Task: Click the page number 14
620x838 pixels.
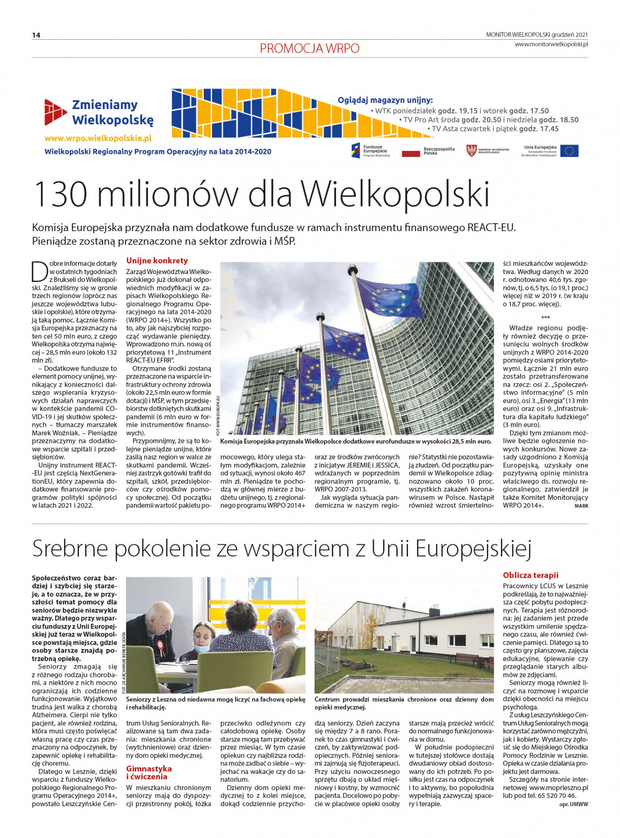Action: click(36, 35)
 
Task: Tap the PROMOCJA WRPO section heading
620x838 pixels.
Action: click(309, 48)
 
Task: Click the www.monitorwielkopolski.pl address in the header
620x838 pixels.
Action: click(551, 44)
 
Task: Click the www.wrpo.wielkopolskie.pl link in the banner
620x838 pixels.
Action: click(98, 138)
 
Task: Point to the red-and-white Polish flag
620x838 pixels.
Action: click(410, 151)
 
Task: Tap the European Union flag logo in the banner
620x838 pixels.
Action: click(569, 151)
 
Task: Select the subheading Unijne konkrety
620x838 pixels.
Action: click(157, 261)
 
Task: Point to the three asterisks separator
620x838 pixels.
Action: click(545, 317)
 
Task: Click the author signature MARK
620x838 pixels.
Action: click(581, 506)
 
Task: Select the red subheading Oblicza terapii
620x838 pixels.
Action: click(531, 575)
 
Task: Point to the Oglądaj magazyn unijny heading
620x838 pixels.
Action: click(385, 100)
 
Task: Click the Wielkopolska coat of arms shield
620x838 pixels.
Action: click(471, 151)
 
